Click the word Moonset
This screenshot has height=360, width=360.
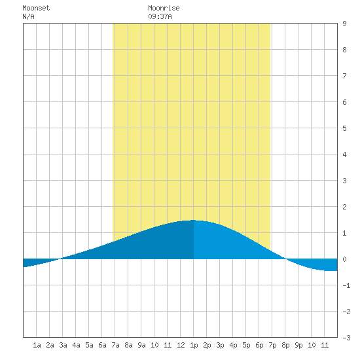36,8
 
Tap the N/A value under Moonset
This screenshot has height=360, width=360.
28,16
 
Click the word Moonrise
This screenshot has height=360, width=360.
164,8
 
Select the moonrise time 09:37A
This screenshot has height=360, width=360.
160,16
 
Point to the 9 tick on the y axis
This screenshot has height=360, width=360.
344,24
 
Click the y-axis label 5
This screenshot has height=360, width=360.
344,128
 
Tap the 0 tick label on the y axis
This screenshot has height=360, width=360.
344,259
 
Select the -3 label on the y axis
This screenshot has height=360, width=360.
346,338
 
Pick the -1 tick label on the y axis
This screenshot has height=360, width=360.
346,285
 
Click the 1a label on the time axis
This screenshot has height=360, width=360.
37,345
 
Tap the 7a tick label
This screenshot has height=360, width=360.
115,345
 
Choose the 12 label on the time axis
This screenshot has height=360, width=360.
181,345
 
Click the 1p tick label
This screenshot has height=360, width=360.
194,345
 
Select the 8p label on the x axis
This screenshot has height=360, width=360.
285,345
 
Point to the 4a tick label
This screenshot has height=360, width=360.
76,345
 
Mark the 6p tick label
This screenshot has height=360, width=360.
259,345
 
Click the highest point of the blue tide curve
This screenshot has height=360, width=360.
194,220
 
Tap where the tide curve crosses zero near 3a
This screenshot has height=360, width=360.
60,259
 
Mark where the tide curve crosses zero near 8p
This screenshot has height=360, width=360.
285,259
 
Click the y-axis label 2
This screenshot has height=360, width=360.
344,207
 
